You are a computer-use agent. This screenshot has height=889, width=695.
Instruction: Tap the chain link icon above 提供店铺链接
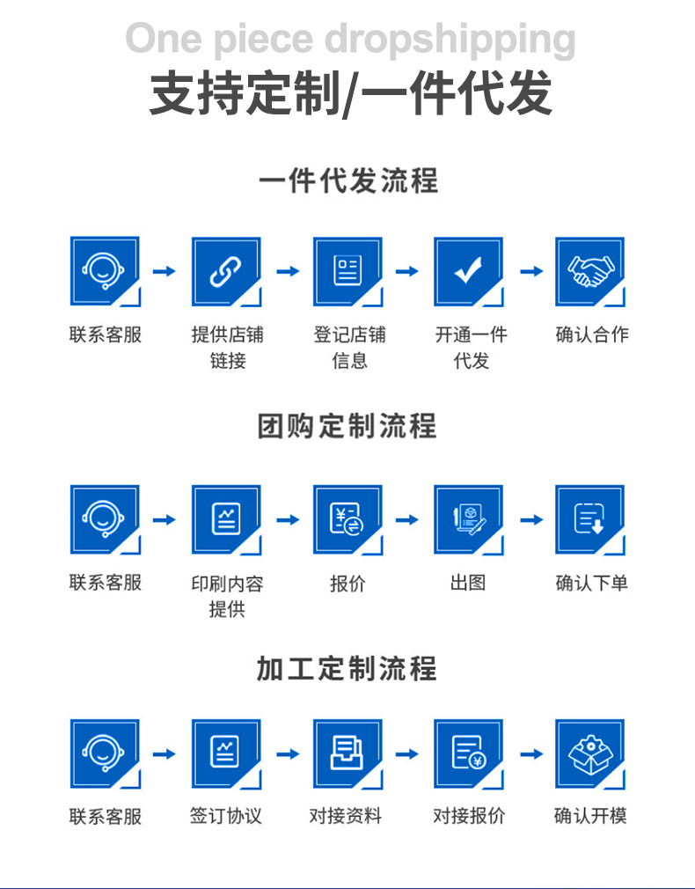point(226,270)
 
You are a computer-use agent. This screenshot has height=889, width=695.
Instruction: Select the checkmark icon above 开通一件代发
point(468,270)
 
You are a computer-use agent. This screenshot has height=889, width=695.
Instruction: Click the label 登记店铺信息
point(349,347)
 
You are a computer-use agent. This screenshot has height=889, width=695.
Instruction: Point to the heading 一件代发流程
point(347,181)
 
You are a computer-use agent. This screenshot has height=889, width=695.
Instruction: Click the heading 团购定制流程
point(347,426)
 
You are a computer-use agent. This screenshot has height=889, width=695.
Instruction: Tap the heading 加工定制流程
point(347,668)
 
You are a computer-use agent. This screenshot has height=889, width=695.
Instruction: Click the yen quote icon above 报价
point(347,519)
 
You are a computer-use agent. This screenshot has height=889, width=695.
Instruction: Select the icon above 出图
point(468,519)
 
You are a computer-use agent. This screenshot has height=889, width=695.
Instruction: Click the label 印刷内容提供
point(227,596)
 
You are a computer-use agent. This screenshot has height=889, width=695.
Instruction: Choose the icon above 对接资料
point(347,753)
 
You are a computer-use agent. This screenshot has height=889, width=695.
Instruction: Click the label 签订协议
point(226,816)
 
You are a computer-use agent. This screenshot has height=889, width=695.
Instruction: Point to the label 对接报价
point(469,816)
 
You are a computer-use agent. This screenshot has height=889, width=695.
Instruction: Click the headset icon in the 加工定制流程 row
point(105,753)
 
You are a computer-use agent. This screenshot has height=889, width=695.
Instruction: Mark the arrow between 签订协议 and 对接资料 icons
point(288,753)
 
